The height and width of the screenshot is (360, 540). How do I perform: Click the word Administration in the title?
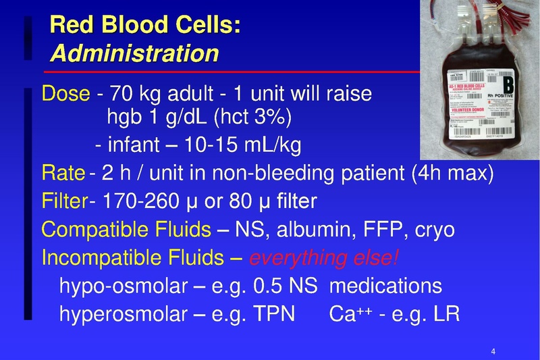coord(134,52)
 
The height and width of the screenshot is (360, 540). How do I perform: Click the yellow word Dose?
coord(65,93)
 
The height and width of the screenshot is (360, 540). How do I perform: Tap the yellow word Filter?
coord(65,201)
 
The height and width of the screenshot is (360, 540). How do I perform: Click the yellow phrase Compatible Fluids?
coord(126,230)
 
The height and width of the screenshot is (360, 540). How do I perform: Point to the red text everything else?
coord(325,258)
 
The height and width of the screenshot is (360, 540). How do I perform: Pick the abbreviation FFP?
coord(378,230)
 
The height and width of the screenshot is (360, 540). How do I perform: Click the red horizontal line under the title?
coord(230,70)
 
